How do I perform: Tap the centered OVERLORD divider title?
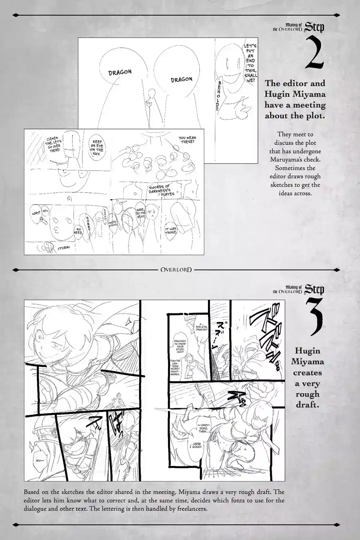coord(176,269)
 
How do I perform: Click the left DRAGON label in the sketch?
coord(120,72)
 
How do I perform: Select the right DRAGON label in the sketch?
coord(181,79)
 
